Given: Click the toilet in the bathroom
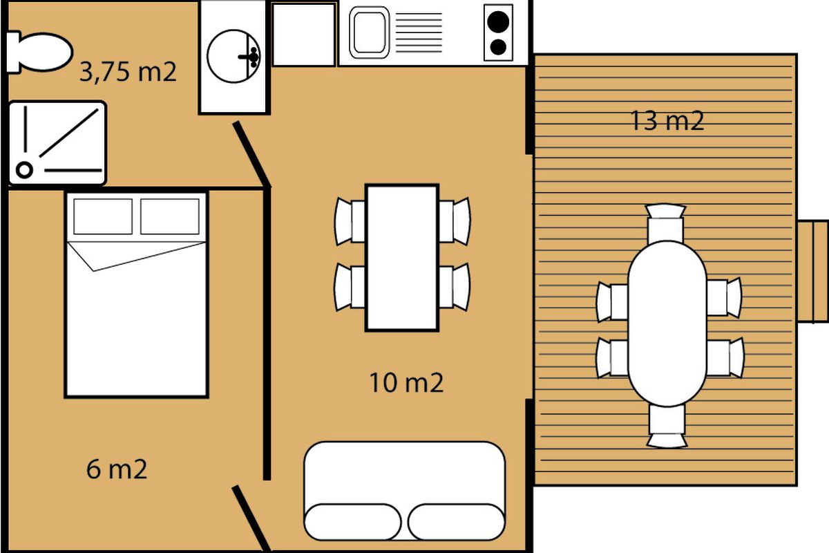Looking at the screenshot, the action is click(x=39, y=53).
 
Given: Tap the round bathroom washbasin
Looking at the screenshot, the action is click(x=234, y=56).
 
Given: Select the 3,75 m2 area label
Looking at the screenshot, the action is click(x=128, y=71).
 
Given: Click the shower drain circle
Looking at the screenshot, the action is click(x=24, y=170).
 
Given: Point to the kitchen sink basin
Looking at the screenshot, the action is click(x=369, y=32).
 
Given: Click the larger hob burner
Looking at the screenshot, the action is click(x=498, y=21).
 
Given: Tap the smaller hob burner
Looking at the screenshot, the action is click(x=498, y=48).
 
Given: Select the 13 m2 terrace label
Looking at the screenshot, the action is click(x=667, y=121).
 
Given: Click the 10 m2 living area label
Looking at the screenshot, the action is click(x=406, y=383).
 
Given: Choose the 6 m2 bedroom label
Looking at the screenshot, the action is click(x=117, y=469).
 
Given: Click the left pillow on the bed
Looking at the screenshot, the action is click(x=103, y=216).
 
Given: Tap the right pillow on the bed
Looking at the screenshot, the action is click(x=170, y=216).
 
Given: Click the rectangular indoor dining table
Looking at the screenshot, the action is click(x=402, y=257).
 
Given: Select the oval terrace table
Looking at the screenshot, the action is click(x=667, y=324).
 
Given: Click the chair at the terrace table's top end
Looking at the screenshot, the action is click(x=665, y=223).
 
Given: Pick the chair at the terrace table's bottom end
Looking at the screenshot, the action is click(x=667, y=427).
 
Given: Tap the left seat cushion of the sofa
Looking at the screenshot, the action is click(x=352, y=522).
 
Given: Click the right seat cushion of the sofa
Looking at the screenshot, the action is click(x=457, y=522).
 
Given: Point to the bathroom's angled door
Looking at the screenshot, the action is click(x=251, y=154).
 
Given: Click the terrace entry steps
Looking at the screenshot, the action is click(x=812, y=272).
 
